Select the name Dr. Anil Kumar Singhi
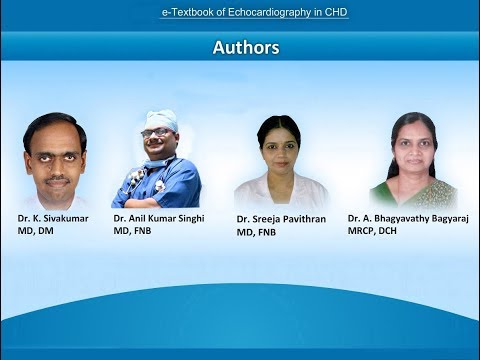157,217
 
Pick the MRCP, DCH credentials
378,229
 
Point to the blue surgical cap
160,118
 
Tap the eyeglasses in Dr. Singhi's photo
158,133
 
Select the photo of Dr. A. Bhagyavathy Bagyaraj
412,160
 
